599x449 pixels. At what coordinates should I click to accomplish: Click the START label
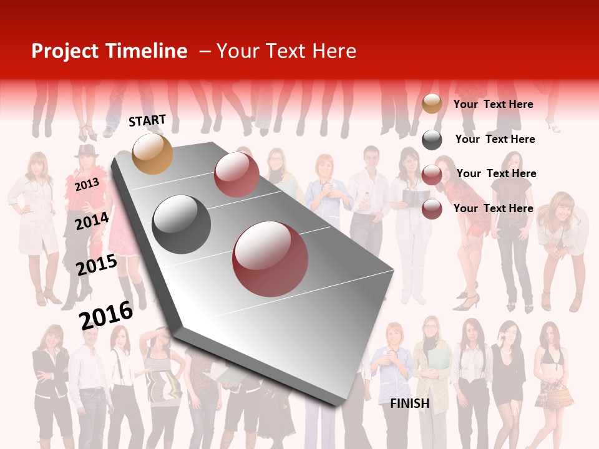(147, 120)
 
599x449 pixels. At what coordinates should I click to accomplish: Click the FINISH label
(409, 403)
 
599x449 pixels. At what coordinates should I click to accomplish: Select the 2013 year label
(87, 185)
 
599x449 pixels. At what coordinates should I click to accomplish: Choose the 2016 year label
(106, 315)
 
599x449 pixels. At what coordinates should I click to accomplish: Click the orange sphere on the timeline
(153, 153)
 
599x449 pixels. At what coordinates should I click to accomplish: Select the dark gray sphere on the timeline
(182, 224)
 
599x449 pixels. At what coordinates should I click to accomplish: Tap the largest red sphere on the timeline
(270, 259)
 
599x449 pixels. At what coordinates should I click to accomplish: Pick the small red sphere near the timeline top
(236, 175)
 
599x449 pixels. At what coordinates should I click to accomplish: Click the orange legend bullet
(432, 104)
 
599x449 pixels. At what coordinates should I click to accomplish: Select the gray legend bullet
(432, 140)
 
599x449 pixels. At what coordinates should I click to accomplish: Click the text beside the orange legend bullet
(493, 104)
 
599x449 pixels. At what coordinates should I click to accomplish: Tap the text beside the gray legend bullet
(495, 139)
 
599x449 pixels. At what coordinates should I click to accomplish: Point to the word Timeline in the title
(146, 51)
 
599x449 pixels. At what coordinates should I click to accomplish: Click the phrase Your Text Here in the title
(286, 51)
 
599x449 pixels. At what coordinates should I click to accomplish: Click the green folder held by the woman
(437, 362)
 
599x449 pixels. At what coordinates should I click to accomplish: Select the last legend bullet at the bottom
(432, 209)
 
